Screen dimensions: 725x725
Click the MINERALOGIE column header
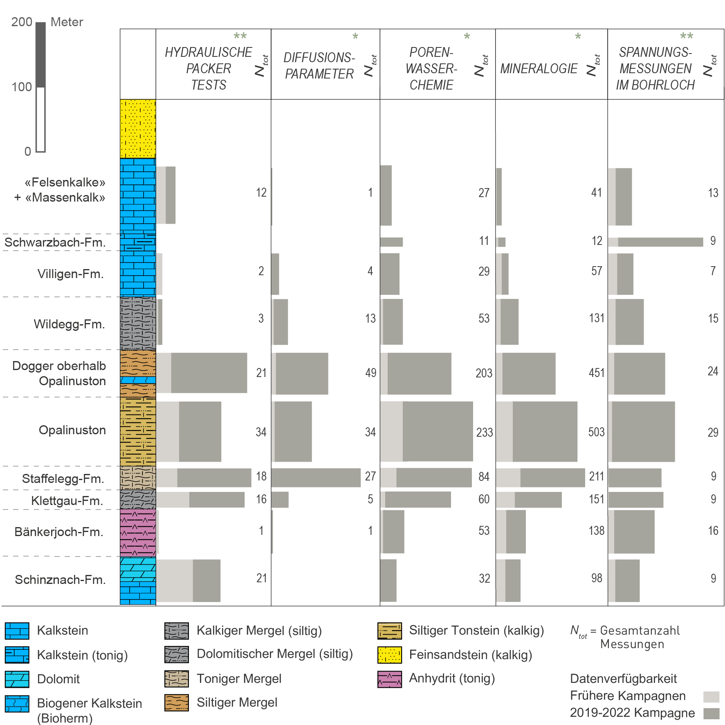pos(539,69)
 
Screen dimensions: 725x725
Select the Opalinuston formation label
pos(72,430)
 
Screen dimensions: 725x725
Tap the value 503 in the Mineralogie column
pos(596,432)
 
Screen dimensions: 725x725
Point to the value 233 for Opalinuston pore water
pos(484,432)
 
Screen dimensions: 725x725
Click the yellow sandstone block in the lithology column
pos(138,128)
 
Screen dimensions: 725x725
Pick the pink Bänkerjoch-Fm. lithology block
pos(138,532)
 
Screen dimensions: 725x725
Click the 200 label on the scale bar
pos(22,22)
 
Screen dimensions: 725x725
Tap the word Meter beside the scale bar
pos(67,22)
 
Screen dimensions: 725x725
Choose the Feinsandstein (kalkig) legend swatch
pos(389,655)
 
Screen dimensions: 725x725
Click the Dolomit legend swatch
pos(17,679)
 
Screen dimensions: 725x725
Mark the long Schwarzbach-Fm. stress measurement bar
pos(660,242)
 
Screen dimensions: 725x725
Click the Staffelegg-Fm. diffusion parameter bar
pos(316,477)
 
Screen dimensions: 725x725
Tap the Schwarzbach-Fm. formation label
pos(55,242)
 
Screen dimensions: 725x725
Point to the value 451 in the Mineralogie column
pos(596,373)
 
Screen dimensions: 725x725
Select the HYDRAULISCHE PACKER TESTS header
pos(208,69)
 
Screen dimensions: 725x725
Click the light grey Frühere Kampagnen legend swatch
pos(711,697)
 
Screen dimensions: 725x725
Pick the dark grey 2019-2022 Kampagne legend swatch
pos(711,714)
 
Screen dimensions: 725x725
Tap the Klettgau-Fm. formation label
pos(67,501)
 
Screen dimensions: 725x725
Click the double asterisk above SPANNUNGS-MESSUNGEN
pos(686,36)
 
